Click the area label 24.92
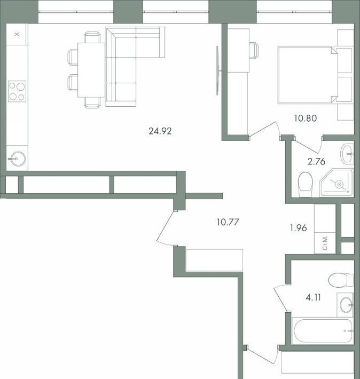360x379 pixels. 160,131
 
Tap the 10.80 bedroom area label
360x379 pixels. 306,119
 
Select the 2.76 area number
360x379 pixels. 316,161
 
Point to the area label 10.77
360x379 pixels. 228,222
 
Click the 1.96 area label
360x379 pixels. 298,228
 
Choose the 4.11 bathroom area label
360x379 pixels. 314,297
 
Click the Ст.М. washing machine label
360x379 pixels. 325,243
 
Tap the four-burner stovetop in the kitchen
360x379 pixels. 17,91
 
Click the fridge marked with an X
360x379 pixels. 17,34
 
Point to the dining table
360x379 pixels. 91,70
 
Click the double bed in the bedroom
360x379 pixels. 308,75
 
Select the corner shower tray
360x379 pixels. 336,183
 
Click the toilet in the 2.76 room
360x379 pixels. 306,184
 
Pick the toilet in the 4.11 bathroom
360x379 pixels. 341,280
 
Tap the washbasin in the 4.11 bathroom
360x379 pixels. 346,305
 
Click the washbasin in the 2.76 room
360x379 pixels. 347,154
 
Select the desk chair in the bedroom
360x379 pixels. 254,51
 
